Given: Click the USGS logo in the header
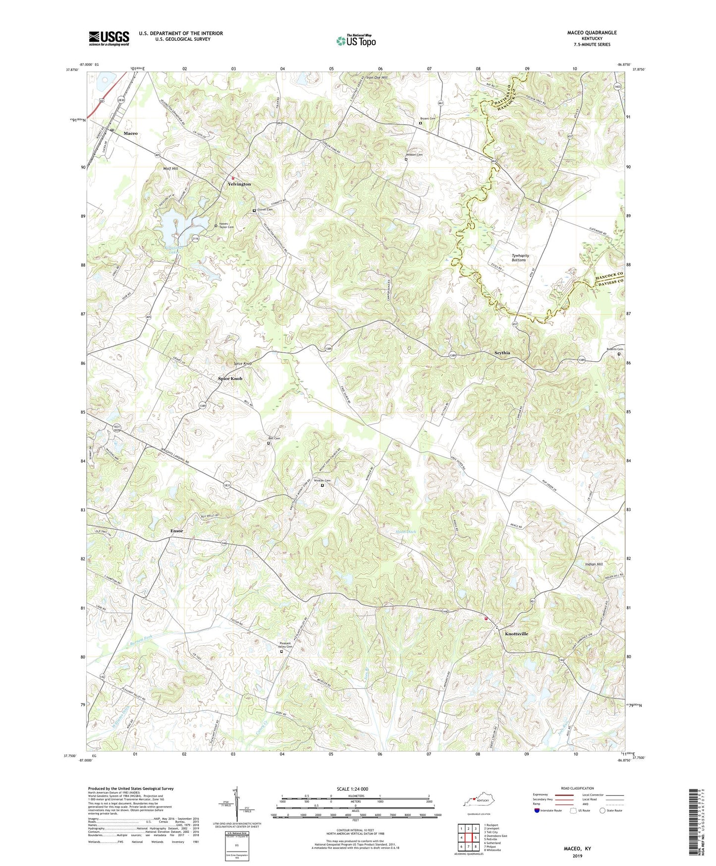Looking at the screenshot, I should [x=109, y=38].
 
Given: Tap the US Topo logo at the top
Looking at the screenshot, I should [x=356, y=40].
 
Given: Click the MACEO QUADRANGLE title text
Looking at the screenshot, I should [x=592, y=33].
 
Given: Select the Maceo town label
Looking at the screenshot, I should [x=130, y=133].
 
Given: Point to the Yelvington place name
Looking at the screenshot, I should [x=239, y=184].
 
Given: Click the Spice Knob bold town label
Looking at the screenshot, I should [x=230, y=378].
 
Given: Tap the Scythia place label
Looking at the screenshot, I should [x=502, y=353].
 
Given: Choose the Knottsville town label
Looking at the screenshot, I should [x=516, y=634].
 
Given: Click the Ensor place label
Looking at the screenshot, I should [x=176, y=531].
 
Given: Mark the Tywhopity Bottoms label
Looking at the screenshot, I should [x=520, y=257].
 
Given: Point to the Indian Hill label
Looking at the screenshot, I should [x=594, y=564].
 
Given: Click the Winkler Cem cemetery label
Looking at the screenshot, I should [x=322, y=481].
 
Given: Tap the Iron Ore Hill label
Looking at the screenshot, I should [x=377, y=77].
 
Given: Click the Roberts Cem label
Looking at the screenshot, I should [x=615, y=349].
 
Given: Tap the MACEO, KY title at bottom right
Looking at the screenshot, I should [x=577, y=849].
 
